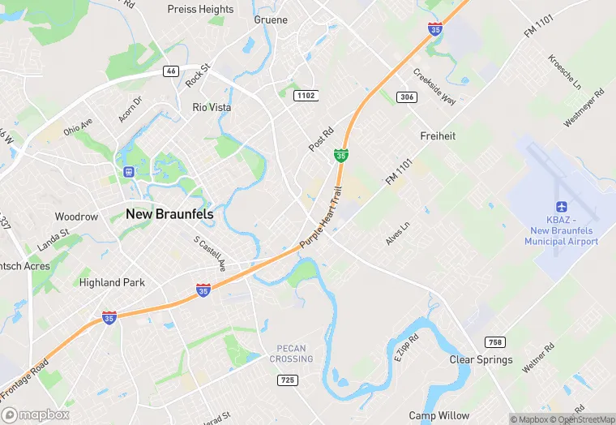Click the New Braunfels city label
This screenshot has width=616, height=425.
[169, 213]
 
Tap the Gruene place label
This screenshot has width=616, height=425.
[271, 19]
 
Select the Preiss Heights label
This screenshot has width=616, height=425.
[200, 9]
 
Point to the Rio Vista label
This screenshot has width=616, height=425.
[212, 107]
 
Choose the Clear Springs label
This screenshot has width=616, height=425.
[481, 359]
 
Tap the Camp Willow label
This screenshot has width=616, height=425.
[438, 415]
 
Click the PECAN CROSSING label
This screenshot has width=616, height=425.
[290, 354]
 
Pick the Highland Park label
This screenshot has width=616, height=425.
[112, 282]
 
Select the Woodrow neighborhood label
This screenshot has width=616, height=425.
[76, 217]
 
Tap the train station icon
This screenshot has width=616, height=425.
[128, 171]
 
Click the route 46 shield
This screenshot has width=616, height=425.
[170, 71]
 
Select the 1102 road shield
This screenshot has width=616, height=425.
[306, 96]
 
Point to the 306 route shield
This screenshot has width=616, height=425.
[408, 97]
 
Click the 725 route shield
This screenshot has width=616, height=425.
[285, 380]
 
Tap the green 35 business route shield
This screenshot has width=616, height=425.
[343, 154]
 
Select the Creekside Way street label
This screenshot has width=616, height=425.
[434, 84]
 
